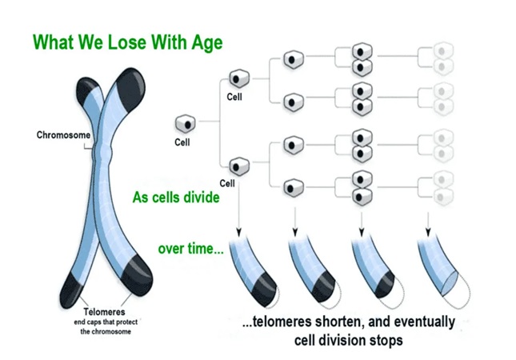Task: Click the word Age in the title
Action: [207, 43]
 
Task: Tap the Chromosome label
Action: [63, 135]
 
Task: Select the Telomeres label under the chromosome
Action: [104, 311]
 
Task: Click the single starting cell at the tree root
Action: [186, 124]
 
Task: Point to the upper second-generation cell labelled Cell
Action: [239, 78]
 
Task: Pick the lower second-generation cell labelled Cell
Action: [239, 166]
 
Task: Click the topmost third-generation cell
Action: [294, 59]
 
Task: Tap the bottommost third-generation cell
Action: [294, 188]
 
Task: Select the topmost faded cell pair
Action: [443, 59]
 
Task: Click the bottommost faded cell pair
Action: [443, 188]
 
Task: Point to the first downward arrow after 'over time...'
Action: [239, 210]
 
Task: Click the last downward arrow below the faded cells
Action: [428, 225]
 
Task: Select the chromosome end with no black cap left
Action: [449, 284]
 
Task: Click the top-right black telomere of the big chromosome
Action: [131, 87]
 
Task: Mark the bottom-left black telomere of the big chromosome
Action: [73, 290]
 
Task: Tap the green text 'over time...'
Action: [191, 249]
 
